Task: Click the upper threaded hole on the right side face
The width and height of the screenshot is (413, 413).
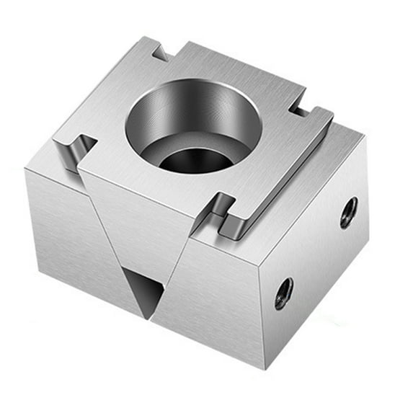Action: coord(348,213)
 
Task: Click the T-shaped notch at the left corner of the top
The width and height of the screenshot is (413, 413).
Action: coord(76,149)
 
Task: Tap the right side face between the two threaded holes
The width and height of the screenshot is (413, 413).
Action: coord(317,252)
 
